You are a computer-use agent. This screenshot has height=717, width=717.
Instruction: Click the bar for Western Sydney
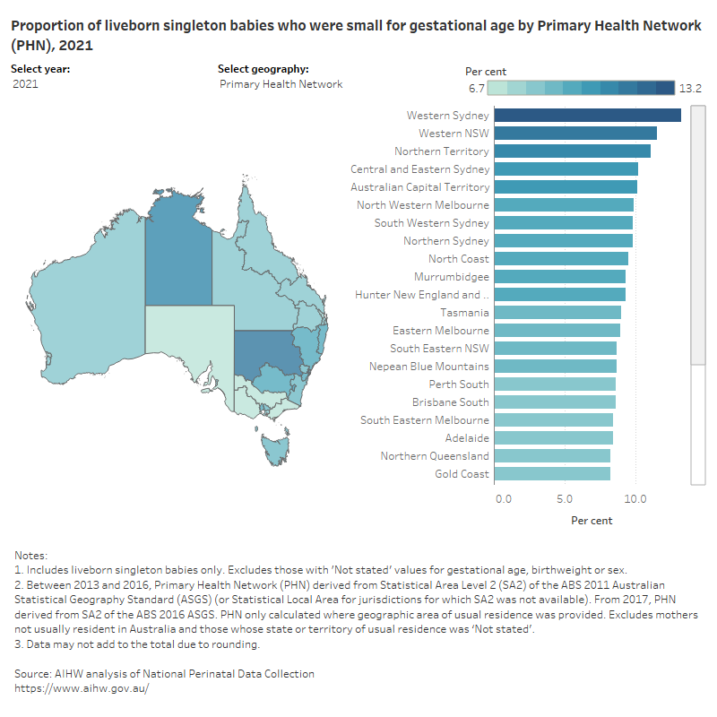587,115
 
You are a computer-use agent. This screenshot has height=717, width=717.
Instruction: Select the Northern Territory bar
572,151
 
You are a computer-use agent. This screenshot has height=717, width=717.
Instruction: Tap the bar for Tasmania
557,312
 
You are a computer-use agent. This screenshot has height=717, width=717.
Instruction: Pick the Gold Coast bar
552,473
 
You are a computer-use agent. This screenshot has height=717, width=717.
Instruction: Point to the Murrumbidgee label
452,277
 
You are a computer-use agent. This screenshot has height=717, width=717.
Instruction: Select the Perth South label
458,384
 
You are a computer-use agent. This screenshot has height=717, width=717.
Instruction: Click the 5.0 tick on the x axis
565,497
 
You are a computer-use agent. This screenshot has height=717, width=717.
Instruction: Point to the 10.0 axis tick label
635,497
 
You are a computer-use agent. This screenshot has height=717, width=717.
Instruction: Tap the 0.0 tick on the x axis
503,497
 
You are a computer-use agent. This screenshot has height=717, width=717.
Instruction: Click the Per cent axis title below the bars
592,520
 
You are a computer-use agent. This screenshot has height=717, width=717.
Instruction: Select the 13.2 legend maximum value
690,88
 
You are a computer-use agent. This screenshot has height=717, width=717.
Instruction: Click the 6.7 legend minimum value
476,88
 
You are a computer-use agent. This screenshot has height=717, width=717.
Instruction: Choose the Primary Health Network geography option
281,84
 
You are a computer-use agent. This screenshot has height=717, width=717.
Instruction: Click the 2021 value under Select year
26,84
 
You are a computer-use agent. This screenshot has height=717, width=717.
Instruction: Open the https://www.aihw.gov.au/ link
82,687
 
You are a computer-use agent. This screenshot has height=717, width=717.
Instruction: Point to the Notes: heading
31,556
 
